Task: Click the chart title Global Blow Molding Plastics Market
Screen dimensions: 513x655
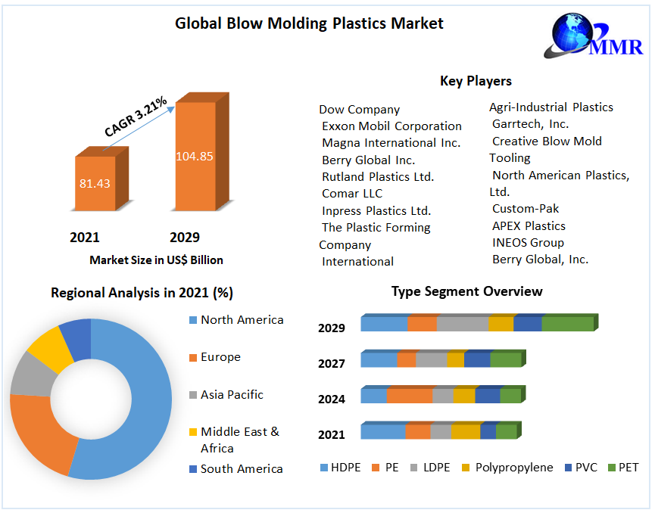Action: [x=309, y=23]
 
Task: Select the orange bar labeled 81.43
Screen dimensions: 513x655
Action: [x=95, y=183]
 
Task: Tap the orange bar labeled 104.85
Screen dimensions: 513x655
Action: [x=195, y=157]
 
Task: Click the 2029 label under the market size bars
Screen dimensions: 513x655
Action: [x=185, y=238]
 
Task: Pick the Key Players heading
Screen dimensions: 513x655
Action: [x=476, y=81]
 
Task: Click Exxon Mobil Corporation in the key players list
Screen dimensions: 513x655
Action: [x=391, y=126]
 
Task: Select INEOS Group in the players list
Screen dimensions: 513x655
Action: [x=528, y=243]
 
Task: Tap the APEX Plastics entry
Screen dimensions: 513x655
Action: [x=529, y=225]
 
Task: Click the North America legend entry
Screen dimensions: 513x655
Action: [x=242, y=320]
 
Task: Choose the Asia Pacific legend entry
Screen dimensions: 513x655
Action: [x=232, y=394]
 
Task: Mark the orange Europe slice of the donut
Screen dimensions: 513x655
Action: [x=42, y=431]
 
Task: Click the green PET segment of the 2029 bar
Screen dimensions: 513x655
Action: [x=567, y=324]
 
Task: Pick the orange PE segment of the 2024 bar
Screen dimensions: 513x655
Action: [x=410, y=396]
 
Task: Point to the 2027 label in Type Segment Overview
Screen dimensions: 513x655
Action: [x=332, y=363]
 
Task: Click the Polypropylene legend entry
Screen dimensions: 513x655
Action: [x=513, y=468]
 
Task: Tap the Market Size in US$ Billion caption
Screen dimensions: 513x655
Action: [x=156, y=260]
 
